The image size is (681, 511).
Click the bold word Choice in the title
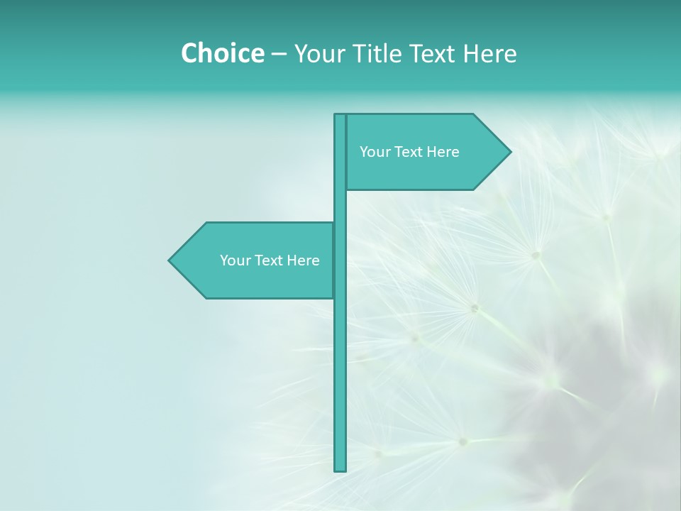point(222,53)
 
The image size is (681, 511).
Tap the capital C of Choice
point(189,53)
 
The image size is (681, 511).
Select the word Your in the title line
point(317,54)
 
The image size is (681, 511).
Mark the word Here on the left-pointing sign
point(303,260)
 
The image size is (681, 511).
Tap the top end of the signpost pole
point(340,116)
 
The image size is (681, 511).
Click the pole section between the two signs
point(340,206)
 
